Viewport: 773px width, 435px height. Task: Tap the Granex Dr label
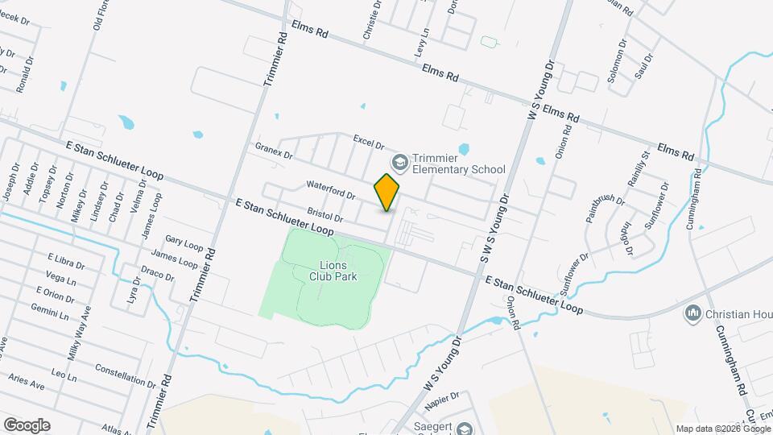pos(274,150)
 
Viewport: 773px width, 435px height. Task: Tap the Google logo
pos(27,425)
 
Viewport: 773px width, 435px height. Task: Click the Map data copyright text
pos(722,429)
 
